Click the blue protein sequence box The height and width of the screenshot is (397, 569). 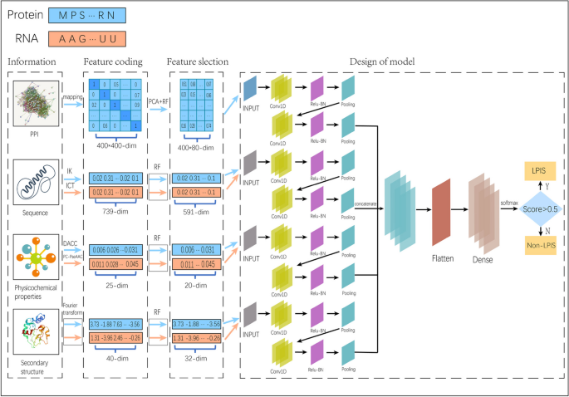coord(87,15)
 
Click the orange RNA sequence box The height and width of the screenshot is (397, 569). coord(87,38)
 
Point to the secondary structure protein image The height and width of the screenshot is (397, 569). coord(35,332)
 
